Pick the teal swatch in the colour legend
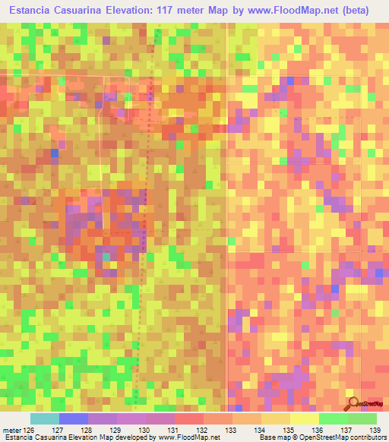44,419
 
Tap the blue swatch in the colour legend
73,419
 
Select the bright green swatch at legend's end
362,419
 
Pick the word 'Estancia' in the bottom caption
17,437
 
